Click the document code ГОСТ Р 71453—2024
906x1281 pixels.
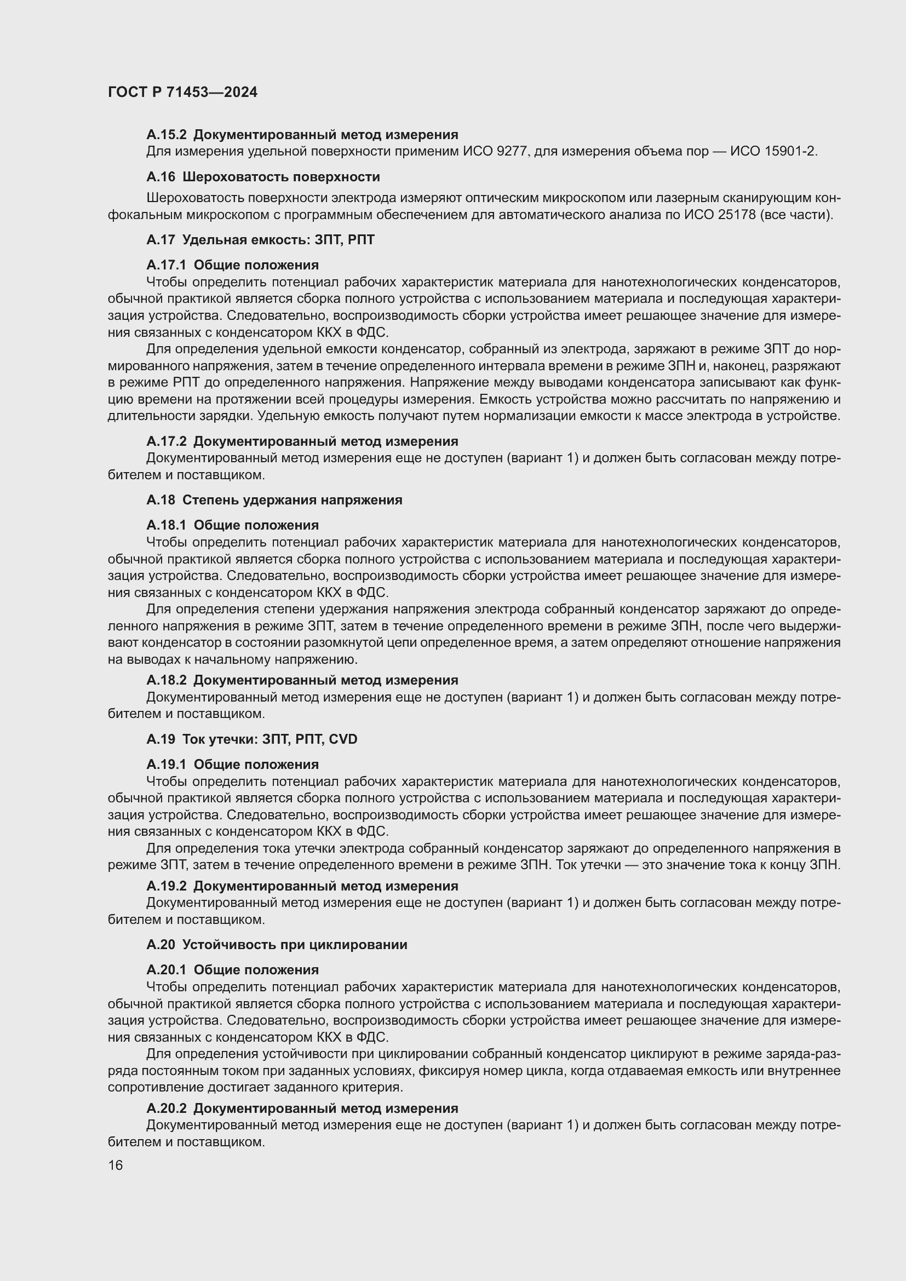coord(182,93)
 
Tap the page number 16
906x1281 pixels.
coord(116,1165)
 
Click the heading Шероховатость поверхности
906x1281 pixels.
coord(281,177)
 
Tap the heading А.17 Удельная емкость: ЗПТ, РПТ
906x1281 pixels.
coord(261,240)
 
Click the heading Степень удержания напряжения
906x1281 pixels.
coord(293,500)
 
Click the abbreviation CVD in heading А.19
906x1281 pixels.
coord(343,739)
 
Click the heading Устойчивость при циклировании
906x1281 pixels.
coord(295,945)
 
